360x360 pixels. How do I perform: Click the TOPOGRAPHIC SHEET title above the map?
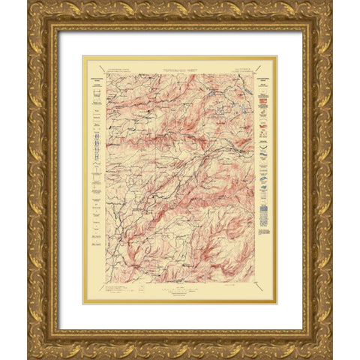tap(180, 67)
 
